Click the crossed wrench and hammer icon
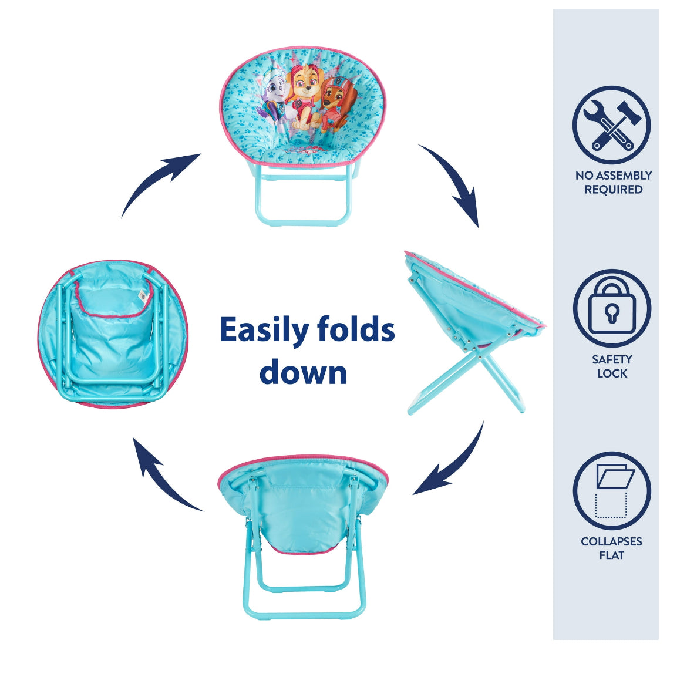click(612, 125)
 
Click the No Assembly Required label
click(614, 182)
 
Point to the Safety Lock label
click(612, 366)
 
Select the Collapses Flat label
click(612, 548)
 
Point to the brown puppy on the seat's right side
click(335, 103)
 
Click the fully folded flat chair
click(113, 334)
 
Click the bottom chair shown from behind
click(303, 537)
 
